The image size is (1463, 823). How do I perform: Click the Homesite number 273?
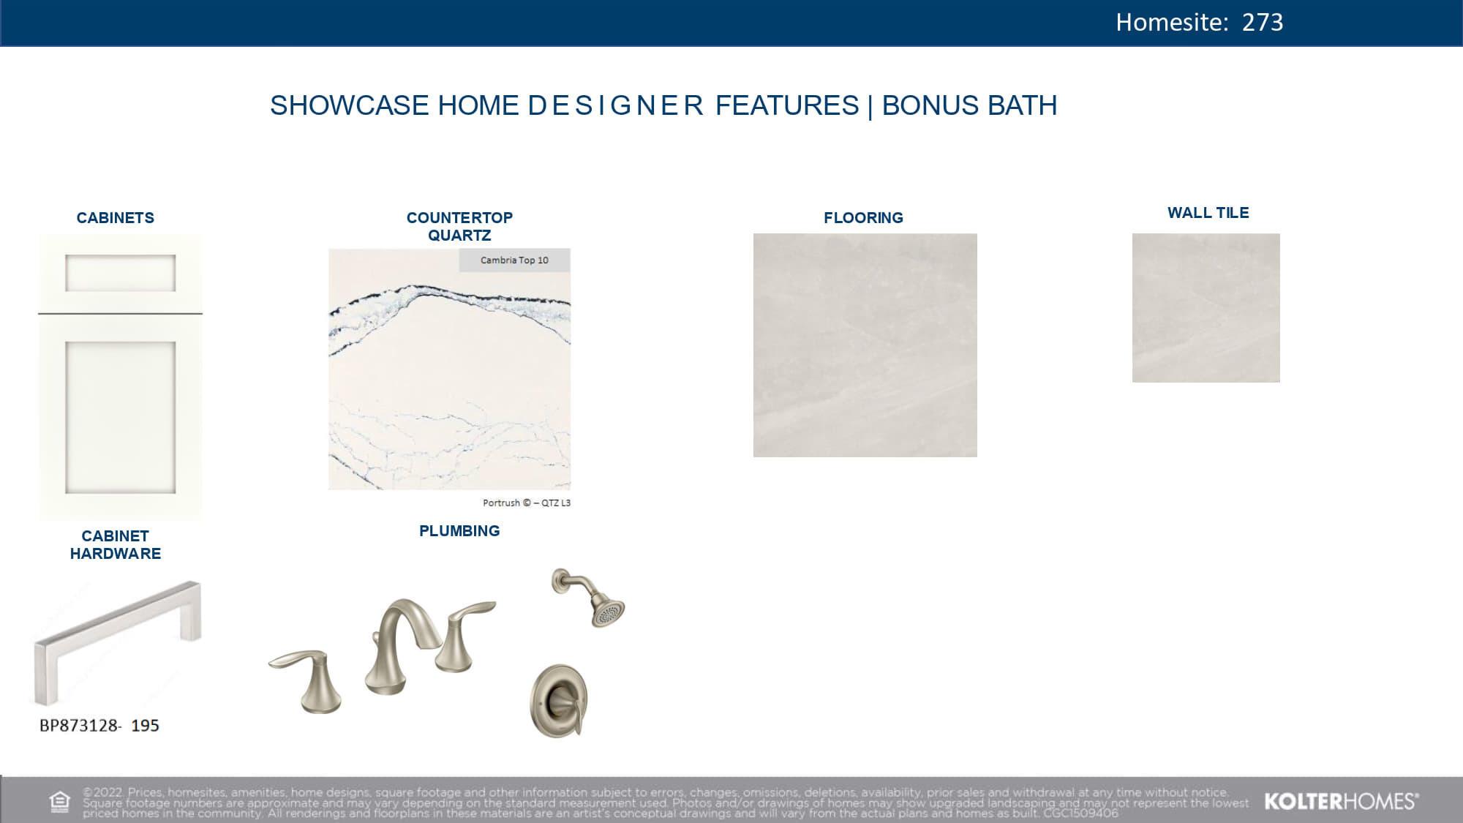(1262, 22)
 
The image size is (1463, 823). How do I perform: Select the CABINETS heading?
(115, 217)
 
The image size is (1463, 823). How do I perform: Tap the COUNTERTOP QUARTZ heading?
(459, 226)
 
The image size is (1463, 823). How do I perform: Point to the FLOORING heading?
(863, 217)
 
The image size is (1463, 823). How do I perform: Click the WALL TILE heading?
(1208, 213)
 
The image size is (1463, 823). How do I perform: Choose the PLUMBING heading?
(459, 531)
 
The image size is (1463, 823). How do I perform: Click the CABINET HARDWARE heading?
(115, 545)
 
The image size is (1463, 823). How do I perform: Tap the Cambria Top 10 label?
(514, 260)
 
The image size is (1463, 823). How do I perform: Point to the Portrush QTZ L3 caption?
(526, 503)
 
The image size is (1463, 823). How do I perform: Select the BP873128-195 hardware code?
(99, 725)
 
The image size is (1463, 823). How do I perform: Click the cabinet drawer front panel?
(120, 273)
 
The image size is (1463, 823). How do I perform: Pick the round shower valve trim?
(559, 700)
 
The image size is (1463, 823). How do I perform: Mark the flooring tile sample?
(865, 345)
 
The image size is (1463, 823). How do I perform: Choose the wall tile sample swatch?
(1206, 307)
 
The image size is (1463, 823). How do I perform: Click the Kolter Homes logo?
(1340, 802)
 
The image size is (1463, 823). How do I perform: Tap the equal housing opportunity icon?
(59, 802)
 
